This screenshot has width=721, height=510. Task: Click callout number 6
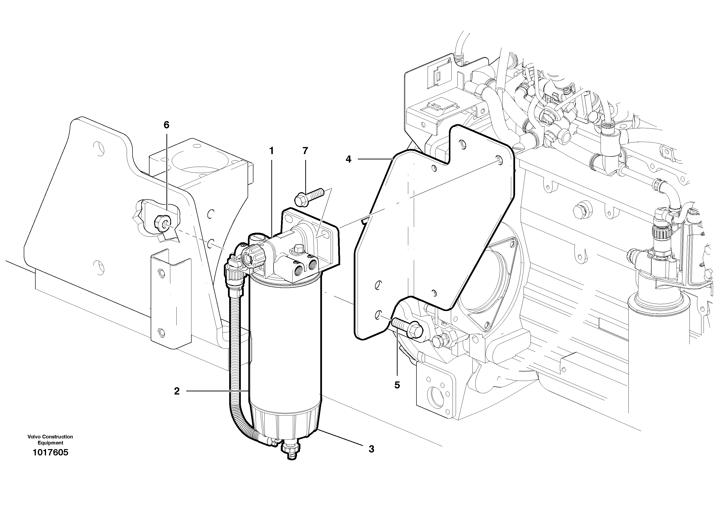166,125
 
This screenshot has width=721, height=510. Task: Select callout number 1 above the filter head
271,151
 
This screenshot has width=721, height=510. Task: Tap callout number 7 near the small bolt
305,151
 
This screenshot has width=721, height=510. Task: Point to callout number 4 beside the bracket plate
348,159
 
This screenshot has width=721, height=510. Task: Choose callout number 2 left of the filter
177,391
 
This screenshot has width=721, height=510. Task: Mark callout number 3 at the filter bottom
371,449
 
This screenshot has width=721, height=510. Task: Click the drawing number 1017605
50,453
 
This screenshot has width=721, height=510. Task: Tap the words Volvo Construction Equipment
50,440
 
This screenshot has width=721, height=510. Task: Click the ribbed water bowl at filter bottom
284,423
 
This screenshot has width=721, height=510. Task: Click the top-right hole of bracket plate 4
498,159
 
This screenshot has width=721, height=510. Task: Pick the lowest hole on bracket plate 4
379,314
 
